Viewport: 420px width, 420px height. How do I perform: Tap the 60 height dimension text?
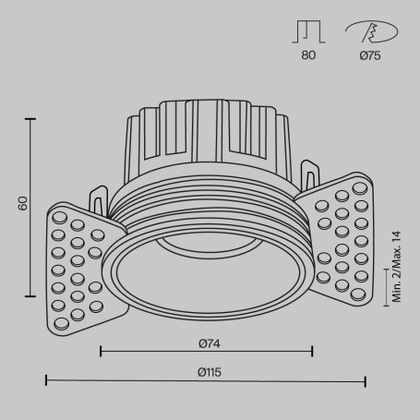tap(22, 202)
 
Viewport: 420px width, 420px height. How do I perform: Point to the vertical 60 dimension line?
tap(34, 212)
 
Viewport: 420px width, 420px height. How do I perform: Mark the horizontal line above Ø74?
tap(206, 352)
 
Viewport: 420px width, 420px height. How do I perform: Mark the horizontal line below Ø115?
tap(206, 379)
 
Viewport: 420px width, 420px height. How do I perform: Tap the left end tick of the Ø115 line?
tap(46, 379)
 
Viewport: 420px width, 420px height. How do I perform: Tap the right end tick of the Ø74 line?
tap(312, 352)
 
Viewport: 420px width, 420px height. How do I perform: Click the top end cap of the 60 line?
tap(34, 118)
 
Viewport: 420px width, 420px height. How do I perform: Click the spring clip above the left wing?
tap(97, 197)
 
